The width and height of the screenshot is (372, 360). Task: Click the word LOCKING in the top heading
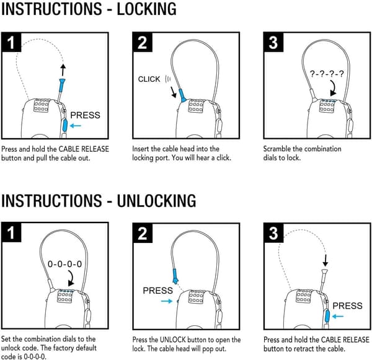coord(146,9)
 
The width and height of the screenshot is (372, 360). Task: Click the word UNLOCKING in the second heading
coord(156,201)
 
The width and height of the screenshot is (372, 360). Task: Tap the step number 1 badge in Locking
coord(11,43)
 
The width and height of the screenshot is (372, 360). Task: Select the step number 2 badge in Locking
coord(143,43)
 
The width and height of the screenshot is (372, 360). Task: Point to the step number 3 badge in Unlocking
coord(273,233)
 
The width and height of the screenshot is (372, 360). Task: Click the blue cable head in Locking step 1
coord(62,86)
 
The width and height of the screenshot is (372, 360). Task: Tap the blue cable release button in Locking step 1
coord(64,125)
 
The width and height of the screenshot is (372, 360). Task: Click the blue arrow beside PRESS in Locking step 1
coord(76,126)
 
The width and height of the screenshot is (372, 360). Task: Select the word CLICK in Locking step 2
coord(149,79)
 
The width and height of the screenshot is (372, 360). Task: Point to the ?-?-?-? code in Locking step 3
coord(327,74)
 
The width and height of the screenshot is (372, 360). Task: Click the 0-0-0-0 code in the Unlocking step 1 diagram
coord(64,264)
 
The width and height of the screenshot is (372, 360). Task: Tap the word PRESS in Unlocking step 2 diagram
coord(157,291)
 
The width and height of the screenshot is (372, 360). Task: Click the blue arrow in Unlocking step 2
coord(167,301)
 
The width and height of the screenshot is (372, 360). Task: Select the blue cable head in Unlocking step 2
coord(175,276)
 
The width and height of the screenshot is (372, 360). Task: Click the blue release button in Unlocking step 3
coord(327,316)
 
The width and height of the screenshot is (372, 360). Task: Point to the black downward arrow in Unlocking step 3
coord(325,260)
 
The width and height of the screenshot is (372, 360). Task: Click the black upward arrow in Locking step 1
coord(63,70)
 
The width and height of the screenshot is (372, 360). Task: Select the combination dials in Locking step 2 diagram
coord(196,106)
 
